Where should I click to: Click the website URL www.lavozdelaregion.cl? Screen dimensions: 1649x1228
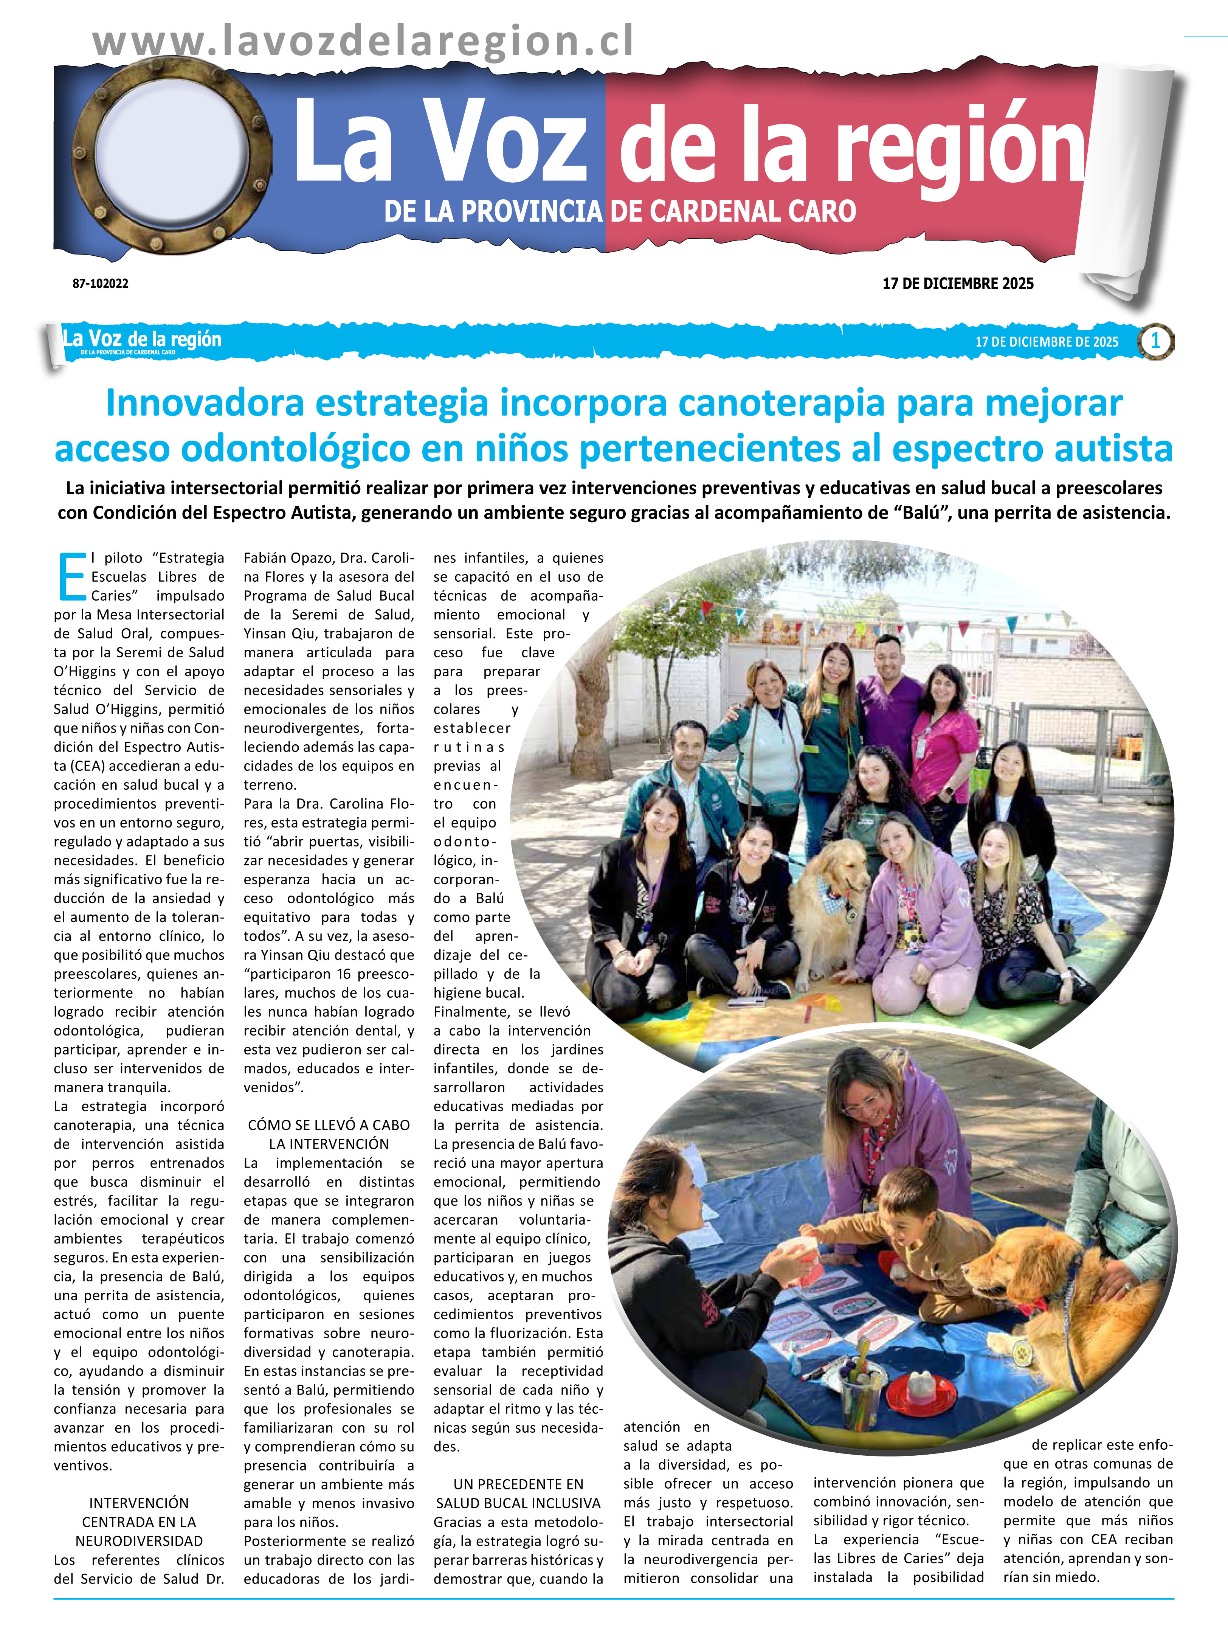coord(363,41)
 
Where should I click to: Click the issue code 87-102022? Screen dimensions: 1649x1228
coord(100,283)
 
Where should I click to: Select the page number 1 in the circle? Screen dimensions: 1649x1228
coord(1155,341)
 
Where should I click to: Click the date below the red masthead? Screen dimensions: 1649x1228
coord(957,283)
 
